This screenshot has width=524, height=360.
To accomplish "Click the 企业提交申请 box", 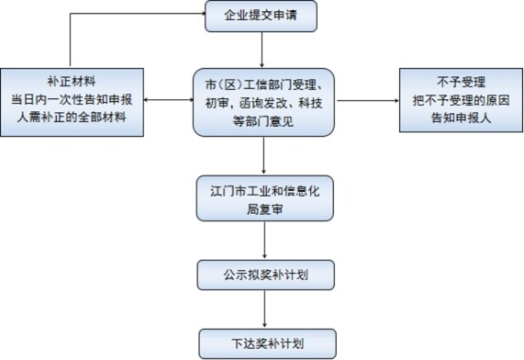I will point(260,16).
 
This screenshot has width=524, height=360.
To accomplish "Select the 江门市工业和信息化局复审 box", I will point(265,198).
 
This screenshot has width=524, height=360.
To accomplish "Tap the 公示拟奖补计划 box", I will point(265,274).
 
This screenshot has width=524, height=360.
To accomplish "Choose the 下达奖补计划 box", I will point(267,344).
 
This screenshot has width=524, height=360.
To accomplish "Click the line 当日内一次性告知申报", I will point(72,98).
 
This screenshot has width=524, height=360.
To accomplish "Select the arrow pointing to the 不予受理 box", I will point(367,100).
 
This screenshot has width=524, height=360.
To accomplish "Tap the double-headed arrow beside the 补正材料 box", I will point(168,100).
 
